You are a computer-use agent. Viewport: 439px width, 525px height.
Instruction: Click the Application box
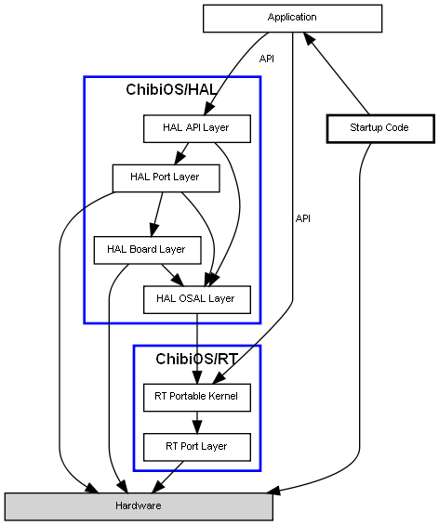pyautogui.click(x=292, y=19)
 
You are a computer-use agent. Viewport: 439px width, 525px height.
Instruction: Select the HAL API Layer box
pyautogui.click(x=196, y=129)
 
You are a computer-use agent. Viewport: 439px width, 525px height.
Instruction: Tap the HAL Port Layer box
pyautogui.click(x=166, y=178)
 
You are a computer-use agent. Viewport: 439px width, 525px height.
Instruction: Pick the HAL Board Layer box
pyautogui.click(x=148, y=250)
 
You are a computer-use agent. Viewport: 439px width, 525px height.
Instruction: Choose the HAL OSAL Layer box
pyautogui.click(x=196, y=299)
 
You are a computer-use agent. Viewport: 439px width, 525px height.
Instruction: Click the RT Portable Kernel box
pyautogui.click(x=196, y=398)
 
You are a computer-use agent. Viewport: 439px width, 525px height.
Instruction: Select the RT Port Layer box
pyautogui.click(x=196, y=447)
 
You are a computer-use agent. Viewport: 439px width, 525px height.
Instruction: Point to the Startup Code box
pyautogui.click(x=380, y=129)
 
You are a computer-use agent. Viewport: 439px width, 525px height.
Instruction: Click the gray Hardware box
pyautogui.click(x=139, y=506)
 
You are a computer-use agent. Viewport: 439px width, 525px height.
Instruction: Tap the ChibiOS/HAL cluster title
pyautogui.click(x=171, y=89)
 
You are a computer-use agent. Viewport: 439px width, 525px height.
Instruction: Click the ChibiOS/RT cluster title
pyautogui.click(x=196, y=359)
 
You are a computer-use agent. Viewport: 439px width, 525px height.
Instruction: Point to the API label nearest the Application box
pyautogui.click(x=267, y=59)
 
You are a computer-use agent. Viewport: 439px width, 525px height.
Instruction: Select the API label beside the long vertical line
pyautogui.click(x=303, y=218)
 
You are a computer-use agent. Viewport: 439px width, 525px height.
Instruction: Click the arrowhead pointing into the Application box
pyautogui.click(x=309, y=37)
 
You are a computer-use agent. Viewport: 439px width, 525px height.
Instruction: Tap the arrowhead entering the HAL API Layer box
pyautogui.click(x=208, y=108)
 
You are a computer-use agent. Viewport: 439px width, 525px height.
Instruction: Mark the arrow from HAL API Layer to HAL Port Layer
pyautogui.click(x=181, y=153)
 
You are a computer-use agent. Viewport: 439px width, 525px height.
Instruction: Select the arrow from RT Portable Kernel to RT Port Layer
pyautogui.click(x=197, y=422)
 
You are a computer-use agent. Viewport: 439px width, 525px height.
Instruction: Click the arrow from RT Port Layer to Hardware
pyautogui.click(x=167, y=477)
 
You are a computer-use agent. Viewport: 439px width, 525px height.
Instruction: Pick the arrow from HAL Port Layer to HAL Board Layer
pyautogui.click(x=157, y=215)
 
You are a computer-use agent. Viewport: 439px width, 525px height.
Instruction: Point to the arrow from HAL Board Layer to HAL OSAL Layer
pyautogui.click(x=173, y=275)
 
